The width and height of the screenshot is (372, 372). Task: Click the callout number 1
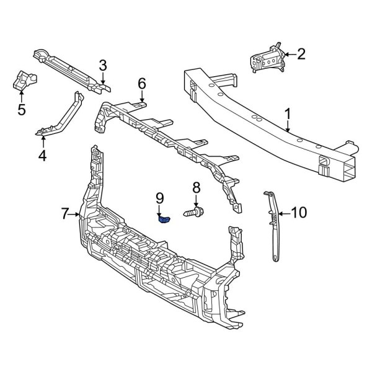[x=288, y=114]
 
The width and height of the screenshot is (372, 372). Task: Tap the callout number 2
[x=301, y=55]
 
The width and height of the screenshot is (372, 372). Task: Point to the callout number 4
[x=42, y=156]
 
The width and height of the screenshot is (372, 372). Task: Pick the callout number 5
[x=22, y=110]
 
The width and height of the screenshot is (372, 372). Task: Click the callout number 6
[x=142, y=82]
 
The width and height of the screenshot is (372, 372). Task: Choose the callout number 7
[x=65, y=215]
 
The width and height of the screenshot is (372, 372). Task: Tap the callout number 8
[x=196, y=187]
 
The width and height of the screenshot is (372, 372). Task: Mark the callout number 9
[x=159, y=198]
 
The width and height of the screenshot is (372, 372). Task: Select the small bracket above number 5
[x=24, y=79]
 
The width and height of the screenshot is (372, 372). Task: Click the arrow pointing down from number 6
[x=142, y=96]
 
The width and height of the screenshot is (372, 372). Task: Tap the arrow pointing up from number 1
[x=288, y=128]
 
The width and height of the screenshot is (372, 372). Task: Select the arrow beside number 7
[x=77, y=215]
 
